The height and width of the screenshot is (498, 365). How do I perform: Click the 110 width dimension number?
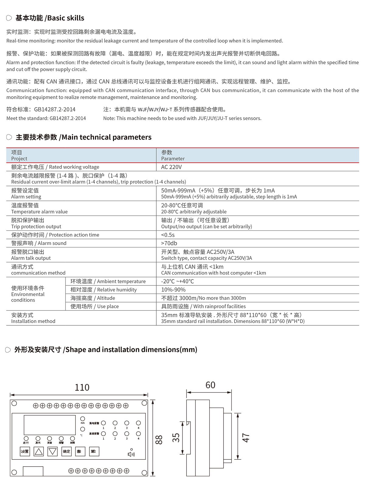82,387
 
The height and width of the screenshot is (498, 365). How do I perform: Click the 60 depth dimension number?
210,385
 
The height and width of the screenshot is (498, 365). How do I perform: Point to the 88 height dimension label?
159,440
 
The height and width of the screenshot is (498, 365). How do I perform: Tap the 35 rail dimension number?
176,438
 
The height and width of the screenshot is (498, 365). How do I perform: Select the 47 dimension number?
246,438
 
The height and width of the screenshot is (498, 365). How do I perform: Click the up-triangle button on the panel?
39,451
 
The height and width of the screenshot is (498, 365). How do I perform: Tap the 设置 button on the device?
25,451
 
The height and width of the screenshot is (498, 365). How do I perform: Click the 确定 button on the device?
66,451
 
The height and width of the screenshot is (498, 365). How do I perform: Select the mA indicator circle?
82,419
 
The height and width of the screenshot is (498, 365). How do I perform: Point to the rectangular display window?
50,425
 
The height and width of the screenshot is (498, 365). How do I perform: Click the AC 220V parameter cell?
171,167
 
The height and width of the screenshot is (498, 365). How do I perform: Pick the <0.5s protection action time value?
168,235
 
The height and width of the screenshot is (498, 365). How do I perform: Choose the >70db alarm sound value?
169,243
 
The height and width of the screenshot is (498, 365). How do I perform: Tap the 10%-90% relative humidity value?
173,290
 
